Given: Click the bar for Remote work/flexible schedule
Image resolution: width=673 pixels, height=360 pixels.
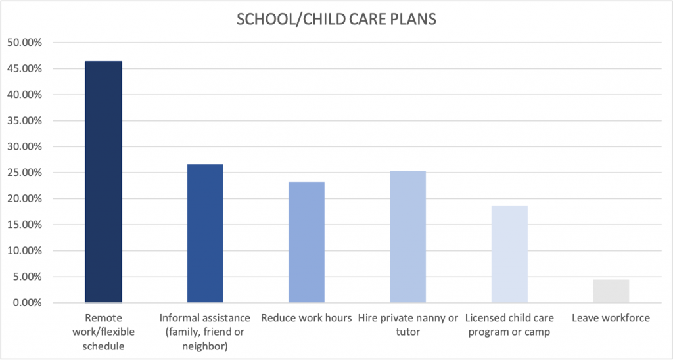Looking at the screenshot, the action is pos(103,182).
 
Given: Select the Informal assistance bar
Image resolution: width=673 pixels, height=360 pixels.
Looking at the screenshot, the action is pos(205,233).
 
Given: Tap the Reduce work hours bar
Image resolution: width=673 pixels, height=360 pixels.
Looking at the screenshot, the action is pos(306,242).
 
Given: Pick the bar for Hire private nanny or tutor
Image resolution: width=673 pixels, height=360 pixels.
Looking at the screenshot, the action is pos(408,237).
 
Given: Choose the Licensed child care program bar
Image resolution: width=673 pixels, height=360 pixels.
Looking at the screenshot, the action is pos(509,254).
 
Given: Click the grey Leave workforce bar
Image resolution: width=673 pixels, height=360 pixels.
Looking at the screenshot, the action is pos(611,291).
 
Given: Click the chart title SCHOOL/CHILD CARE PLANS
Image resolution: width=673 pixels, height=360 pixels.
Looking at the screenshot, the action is pos(336,20).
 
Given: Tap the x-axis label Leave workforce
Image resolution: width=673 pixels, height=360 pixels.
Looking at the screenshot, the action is pos(611,318).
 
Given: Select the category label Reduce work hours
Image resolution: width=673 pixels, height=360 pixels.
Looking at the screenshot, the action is pos(306,318).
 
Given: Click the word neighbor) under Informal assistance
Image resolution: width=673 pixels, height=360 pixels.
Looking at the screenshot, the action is pos(205,346).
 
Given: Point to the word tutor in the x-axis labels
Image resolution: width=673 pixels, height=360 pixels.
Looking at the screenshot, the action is pos(408,332).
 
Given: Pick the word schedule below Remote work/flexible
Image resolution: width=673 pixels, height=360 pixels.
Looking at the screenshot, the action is pos(103,346).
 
